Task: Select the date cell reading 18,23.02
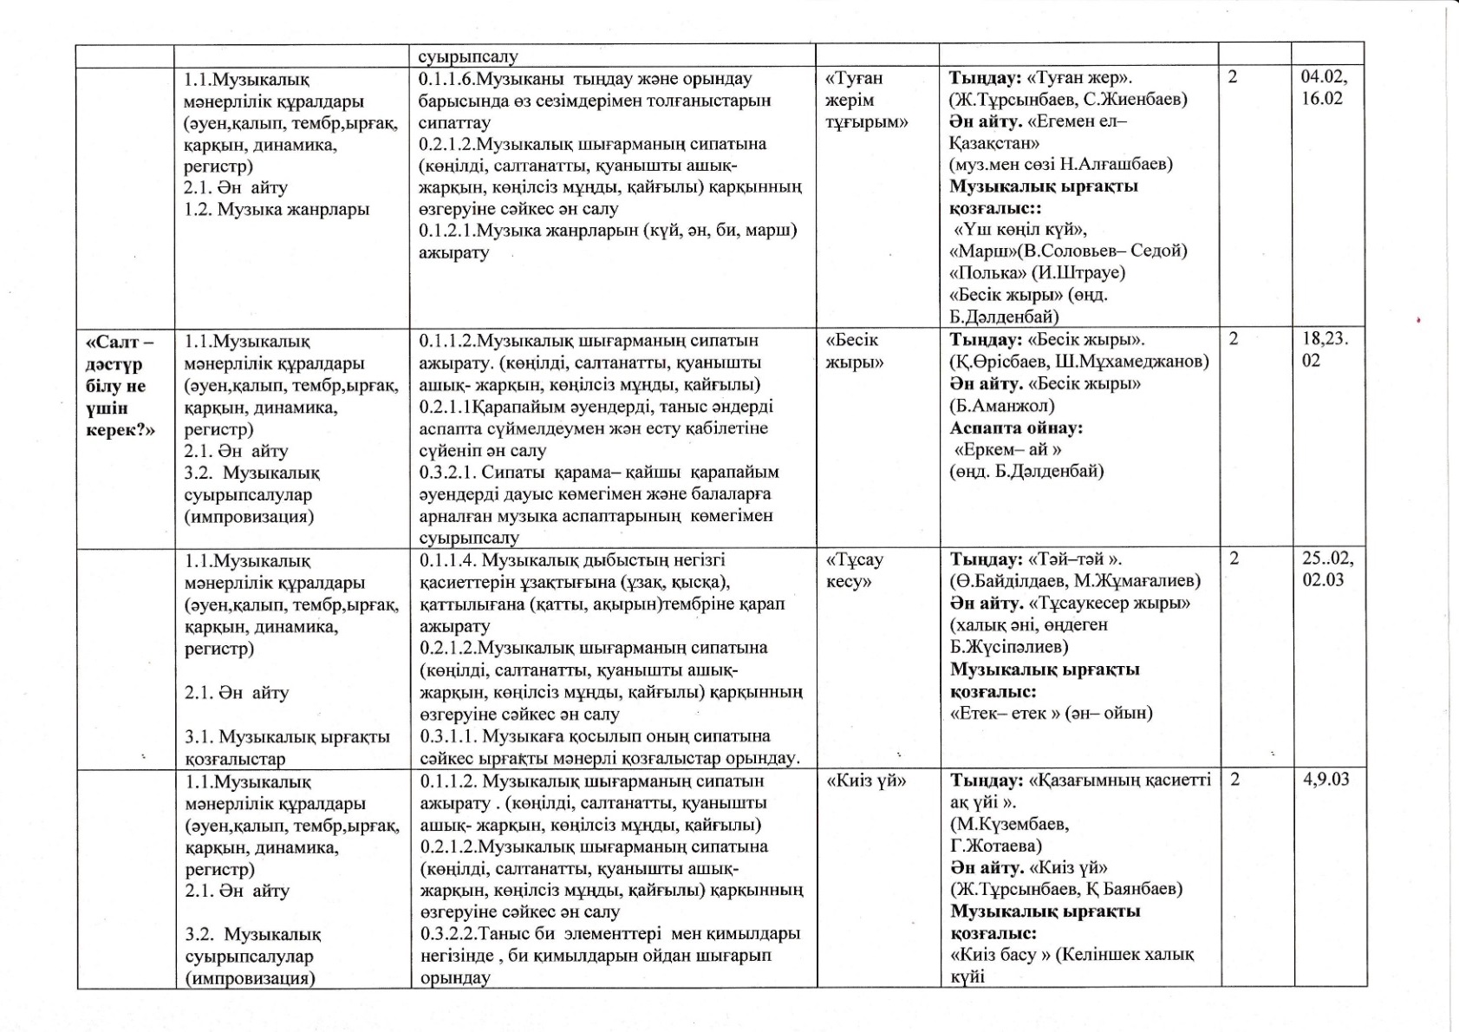coord(1325,349)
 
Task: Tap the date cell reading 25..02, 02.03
coord(1327,569)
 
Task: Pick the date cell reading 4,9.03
coord(1325,779)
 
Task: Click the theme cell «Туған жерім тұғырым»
coord(866,100)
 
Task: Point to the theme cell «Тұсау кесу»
coord(854,570)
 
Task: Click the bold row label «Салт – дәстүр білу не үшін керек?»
coord(120,386)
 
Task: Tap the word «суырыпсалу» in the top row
coord(468,56)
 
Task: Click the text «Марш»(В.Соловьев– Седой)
coord(1068,251)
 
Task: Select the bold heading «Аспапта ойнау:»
coord(1016,428)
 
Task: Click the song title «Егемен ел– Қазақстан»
coord(1037,132)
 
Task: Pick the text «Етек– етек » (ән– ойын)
coord(1052,713)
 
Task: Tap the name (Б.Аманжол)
coord(1002,405)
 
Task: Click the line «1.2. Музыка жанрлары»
coord(277,209)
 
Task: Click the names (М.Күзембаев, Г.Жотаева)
coord(1009,834)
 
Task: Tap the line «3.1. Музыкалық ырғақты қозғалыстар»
coord(287,748)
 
